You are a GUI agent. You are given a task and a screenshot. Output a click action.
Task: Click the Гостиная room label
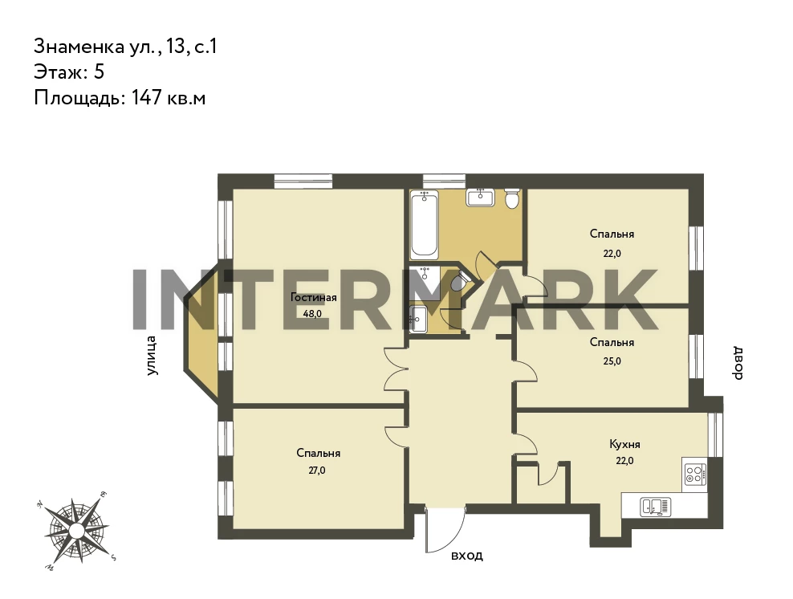click(x=313, y=297)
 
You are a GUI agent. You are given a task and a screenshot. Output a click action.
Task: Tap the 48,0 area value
click(x=312, y=313)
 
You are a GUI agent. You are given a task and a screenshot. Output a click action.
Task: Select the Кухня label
click(x=624, y=444)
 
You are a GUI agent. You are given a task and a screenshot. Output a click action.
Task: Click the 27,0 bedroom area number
click(x=316, y=470)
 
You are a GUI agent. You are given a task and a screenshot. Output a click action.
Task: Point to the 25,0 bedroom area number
click(x=612, y=361)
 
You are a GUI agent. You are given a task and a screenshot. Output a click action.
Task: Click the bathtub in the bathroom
click(x=424, y=225)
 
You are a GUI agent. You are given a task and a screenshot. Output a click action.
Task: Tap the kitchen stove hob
click(x=693, y=474)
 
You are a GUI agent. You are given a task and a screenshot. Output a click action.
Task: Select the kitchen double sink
click(x=656, y=507)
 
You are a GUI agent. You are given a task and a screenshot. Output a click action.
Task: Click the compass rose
click(x=76, y=530)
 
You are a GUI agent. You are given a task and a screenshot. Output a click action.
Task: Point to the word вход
click(x=467, y=556)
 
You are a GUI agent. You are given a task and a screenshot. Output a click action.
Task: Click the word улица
click(x=151, y=356)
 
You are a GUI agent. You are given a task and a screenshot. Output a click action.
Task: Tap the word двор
click(x=738, y=363)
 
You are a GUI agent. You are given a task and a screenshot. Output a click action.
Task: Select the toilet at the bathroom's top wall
click(x=512, y=198)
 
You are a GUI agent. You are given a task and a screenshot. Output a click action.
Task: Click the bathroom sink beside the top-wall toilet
click(x=481, y=198)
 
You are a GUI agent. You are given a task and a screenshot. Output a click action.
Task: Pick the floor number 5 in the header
click(x=99, y=71)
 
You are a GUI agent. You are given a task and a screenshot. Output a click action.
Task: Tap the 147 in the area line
click(x=147, y=97)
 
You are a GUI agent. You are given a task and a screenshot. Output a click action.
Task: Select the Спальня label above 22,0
click(x=612, y=234)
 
